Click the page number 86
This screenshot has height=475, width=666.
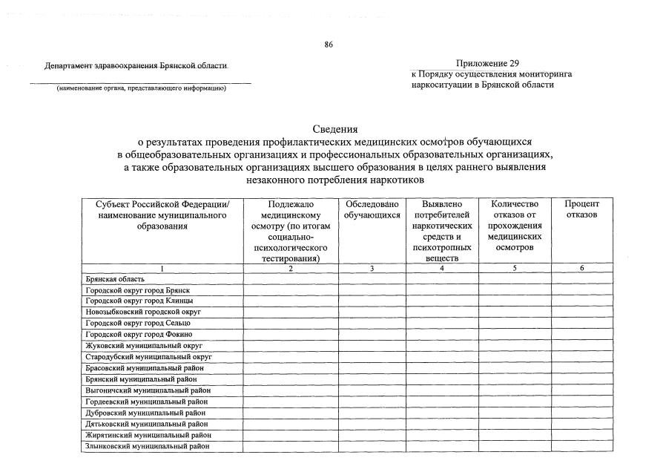click(x=329, y=45)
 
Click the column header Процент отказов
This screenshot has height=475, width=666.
click(x=581, y=209)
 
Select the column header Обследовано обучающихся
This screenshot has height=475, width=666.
click(x=372, y=209)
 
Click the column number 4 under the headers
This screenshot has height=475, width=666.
click(x=442, y=269)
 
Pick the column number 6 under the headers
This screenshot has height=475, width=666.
click(x=582, y=269)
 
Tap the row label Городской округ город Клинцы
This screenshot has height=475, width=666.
click(x=139, y=301)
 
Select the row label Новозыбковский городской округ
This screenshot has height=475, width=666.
click(x=143, y=312)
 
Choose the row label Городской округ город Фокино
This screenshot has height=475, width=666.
click(x=139, y=334)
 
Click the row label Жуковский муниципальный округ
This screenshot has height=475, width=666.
click(x=144, y=345)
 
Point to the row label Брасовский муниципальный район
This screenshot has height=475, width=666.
click(x=145, y=367)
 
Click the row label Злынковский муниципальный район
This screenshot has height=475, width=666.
click(x=147, y=446)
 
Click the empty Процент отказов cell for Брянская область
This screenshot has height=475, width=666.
click(x=582, y=279)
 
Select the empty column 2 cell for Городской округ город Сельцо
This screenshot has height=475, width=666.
click(x=291, y=323)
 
